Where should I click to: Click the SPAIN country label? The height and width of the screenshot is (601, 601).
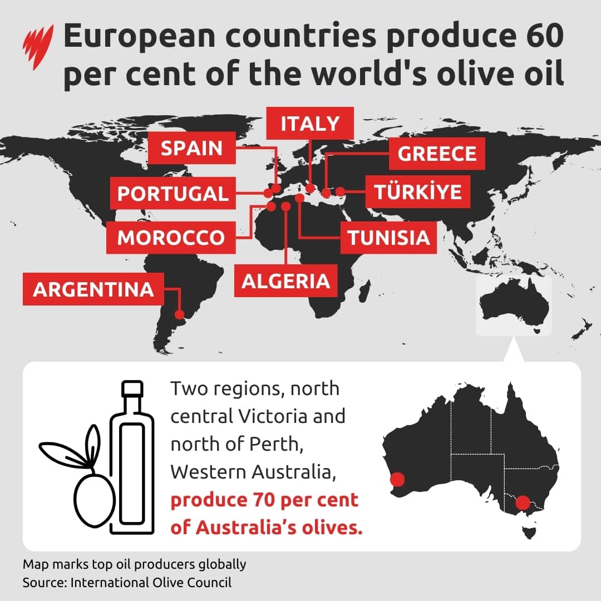click(x=191, y=149)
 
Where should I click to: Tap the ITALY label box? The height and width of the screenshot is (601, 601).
click(x=309, y=124)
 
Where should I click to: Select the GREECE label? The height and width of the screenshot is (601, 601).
click(x=437, y=154)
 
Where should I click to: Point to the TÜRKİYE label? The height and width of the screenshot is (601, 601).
click(x=418, y=192)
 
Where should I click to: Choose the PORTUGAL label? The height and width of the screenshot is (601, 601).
click(x=173, y=194)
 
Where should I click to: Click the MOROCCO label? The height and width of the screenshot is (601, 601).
click(x=171, y=238)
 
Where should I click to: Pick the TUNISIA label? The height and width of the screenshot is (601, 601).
click(x=389, y=238)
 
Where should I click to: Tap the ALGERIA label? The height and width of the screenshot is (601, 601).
click(x=285, y=281)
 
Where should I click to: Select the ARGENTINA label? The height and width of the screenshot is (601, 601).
click(x=93, y=289)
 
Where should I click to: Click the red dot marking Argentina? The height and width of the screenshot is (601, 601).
click(x=179, y=314)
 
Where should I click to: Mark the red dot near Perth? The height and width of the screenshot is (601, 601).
click(x=397, y=479)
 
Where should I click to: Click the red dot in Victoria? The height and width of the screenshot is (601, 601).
click(x=523, y=503)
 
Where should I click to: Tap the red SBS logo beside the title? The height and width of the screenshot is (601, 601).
click(x=38, y=47)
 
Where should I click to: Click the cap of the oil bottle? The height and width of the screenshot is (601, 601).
click(x=132, y=389)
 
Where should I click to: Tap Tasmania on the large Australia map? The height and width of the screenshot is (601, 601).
click(x=529, y=529)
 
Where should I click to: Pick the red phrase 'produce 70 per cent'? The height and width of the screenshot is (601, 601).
click(x=264, y=499)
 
